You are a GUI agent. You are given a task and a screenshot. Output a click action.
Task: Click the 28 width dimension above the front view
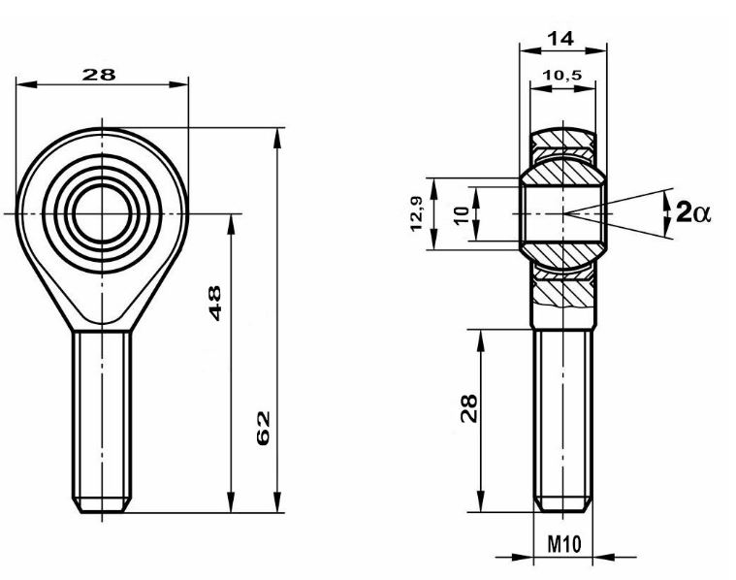click(x=99, y=75)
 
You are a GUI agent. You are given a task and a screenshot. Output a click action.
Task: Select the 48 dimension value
click(x=214, y=303)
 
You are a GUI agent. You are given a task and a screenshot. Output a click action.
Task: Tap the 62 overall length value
click(x=264, y=428)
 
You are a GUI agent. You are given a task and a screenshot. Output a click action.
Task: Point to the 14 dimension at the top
click(x=560, y=38)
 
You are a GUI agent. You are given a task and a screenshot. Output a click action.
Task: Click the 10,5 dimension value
click(x=561, y=75)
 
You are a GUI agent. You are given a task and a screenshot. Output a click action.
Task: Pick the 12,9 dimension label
click(x=416, y=213)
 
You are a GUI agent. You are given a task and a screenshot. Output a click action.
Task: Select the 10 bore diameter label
click(x=463, y=214)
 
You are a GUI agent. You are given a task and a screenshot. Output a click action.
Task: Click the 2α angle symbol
click(x=693, y=212)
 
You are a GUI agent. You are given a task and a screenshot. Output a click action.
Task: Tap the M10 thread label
click(x=564, y=544)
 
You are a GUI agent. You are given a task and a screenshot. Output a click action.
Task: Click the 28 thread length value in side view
click(x=468, y=408)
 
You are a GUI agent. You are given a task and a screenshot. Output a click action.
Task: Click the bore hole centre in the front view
click(x=102, y=213)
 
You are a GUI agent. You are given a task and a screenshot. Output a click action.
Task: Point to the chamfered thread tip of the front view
click(x=102, y=505)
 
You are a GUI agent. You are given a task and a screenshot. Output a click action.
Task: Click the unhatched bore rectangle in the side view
click(x=562, y=213)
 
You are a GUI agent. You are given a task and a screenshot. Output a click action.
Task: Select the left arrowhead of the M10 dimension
click(x=525, y=558)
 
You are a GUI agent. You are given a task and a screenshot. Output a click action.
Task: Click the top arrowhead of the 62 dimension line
click(x=277, y=138)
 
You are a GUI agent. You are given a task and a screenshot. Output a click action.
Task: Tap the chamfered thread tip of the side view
click(x=563, y=504)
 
